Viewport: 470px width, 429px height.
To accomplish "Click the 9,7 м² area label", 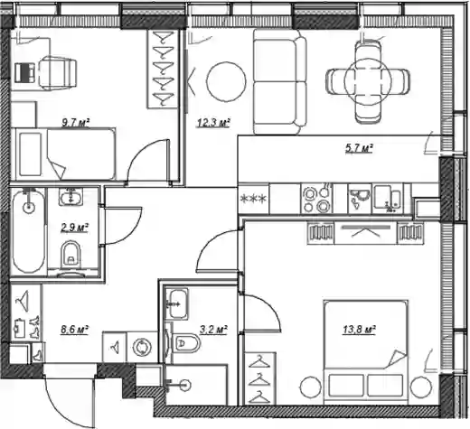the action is coord(76,123).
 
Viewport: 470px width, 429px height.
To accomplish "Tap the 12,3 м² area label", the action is coord(213,123).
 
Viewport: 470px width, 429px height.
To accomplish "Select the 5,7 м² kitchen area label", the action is coord(359,148).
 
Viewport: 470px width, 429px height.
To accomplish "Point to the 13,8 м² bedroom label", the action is coord(359,330).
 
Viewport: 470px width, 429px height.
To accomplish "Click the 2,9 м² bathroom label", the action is coord(74,228).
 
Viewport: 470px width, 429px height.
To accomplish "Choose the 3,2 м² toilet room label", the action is coord(213,330).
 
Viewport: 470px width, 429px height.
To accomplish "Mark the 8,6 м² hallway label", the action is coord(74,330).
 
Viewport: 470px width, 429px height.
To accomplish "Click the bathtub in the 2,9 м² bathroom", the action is coord(29,230).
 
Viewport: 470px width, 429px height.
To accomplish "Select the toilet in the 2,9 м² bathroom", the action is coord(70,255).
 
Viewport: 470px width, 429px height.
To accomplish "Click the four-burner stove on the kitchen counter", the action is coord(316,199).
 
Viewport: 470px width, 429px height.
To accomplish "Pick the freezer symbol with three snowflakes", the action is coord(253,199).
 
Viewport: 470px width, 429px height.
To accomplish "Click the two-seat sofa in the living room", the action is coord(279,81).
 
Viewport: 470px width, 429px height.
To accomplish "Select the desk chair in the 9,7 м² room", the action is coord(57,73).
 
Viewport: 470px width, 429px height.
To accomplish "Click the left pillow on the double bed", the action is coord(346,386).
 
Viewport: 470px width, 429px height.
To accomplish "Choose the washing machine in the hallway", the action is coord(142,348).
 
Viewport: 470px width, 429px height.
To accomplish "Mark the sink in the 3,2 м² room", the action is coord(178,303).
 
